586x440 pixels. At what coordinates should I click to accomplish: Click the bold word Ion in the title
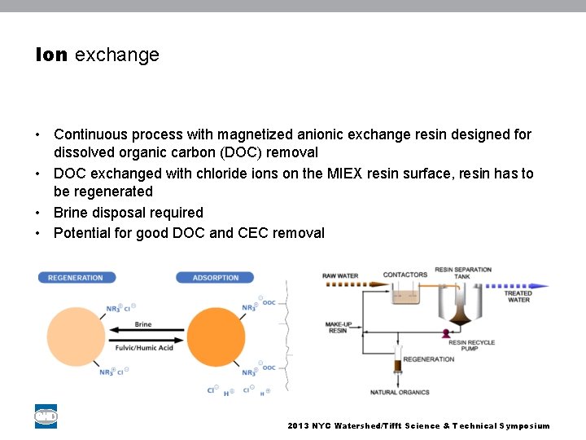point(51,55)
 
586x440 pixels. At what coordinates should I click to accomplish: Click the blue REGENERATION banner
point(76,278)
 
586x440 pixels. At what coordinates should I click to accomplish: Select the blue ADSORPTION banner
point(215,278)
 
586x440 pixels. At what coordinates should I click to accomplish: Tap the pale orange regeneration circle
point(76,337)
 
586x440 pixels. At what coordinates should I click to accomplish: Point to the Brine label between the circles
point(143,324)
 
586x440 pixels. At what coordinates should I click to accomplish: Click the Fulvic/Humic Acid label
point(144,348)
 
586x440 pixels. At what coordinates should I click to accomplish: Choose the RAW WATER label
point(340,276)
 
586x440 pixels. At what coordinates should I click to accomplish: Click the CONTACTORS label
point(405,275)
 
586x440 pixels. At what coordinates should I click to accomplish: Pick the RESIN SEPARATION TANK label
point(462,273)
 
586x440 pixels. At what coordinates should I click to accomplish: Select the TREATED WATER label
point(518,297)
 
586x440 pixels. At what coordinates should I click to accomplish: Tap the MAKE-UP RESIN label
point(339,327)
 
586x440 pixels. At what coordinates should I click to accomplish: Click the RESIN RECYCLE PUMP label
point(471,346)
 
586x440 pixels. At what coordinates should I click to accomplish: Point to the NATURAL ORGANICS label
point(400,392)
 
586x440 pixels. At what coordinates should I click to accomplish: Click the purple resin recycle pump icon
point(445,333)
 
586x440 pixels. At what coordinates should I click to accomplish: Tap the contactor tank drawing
point(405,293)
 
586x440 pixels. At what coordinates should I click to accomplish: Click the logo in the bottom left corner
point(46,416)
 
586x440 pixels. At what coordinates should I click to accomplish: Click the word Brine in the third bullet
point(71,213)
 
